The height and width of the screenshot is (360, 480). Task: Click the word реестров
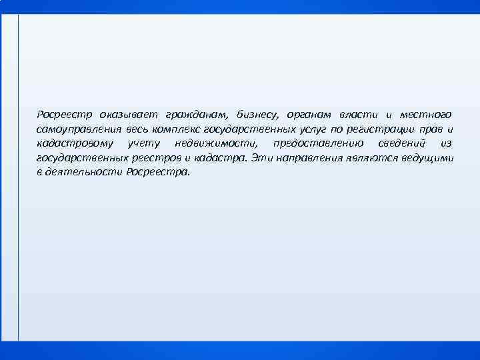154,158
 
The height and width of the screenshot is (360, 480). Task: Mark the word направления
307,158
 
